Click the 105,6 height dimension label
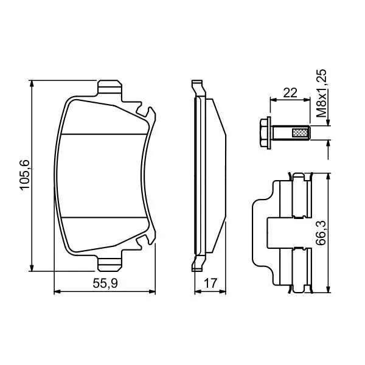[x=25, y=175]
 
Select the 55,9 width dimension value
[x=105, y=283]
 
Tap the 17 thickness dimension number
[x=210, y=283]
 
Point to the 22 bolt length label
[x=290, y=93]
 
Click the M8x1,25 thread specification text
[x=321, y=93]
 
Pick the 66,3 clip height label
[x=321, y=233]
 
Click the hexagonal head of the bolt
[x=264, y=133]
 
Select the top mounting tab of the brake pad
[x=109, y=88]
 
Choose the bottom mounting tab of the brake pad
[x=109, y=264]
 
